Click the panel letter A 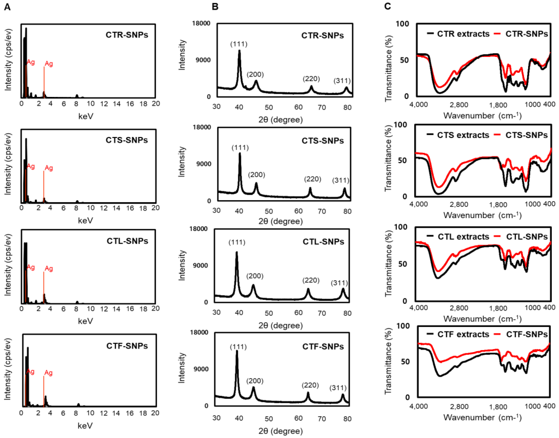pyautogui.click(x=7, y=7)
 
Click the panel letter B pyautogui.click(x=215, y=7)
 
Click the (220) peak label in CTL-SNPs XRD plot pyautogui.click(x=311, y=280)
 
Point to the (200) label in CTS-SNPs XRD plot pyautogui.click(x=256, y=175)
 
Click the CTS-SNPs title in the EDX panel pyautogui.click(x=127, y=140)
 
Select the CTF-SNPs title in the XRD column pyautogui.click(x=323, y=347)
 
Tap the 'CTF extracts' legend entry pyautogui.click(x=458, y=334)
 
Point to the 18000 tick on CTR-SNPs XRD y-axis pyautogui.click(x=201, y=23)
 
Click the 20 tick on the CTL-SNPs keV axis pyautogui.click(x=155, y=308)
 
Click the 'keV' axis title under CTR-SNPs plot pyautogui.click(x=86, y=116)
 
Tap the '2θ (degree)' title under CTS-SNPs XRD pyautogui.click(x=280, y=221)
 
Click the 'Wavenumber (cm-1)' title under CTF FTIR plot pyautogui.click(x=482, y=417)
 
